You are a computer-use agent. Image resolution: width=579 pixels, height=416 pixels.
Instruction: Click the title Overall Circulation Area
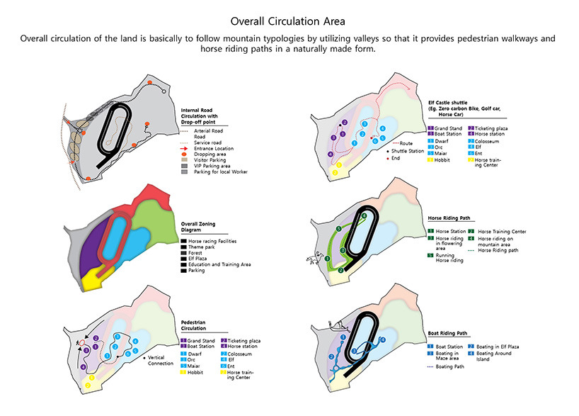[289, 22]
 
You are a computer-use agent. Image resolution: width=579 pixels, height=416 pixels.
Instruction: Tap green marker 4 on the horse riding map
[365, 215]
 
